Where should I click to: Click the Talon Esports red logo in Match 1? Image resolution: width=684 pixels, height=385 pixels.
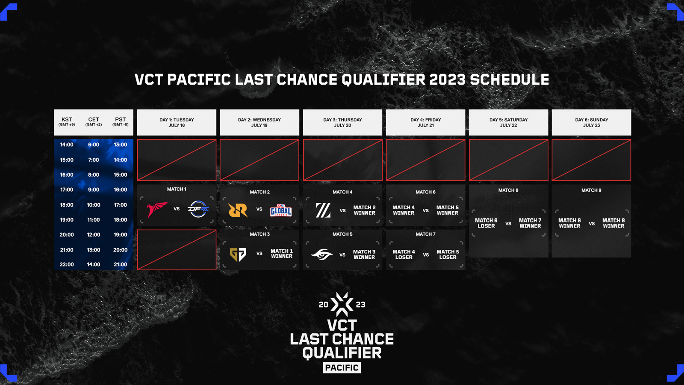click(x=156, y=209)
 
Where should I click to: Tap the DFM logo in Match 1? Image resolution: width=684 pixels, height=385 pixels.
click(x=198, y=209)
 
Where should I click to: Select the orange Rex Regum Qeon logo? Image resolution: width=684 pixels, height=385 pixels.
click(x=238, y=210)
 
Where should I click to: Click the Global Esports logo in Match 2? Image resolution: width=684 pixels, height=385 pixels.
click(x=281, y=210)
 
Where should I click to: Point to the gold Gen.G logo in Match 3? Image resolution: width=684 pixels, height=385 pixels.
click(x=238, y=255)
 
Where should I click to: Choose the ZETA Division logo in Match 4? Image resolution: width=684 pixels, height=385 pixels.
click(x=323, y=210)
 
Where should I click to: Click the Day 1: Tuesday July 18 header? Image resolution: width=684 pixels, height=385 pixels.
click(x=177, y=122)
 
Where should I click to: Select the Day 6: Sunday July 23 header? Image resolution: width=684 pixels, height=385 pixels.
click(x=591, y=122)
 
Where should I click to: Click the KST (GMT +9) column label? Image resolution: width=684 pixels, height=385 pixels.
click(x=67, y=121)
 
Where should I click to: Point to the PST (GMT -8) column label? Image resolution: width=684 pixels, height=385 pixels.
click(x=120, y=121)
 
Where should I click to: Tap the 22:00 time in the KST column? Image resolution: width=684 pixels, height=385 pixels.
click(x=67, y=264)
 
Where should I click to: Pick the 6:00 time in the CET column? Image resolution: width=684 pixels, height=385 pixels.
click(x=94, y=145)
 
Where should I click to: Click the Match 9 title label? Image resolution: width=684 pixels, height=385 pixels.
click(x=591, y=190)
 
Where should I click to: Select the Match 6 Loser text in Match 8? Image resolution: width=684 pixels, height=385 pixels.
click(x=486, y=223)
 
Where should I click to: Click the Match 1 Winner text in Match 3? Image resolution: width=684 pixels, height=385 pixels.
click(x=281, y=254)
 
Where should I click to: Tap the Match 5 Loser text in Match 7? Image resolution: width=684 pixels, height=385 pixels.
click(x=448, y=255)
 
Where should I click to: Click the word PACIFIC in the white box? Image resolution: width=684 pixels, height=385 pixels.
click(x=342, y=368)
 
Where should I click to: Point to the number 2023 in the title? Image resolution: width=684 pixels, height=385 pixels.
click(x=447, y=80)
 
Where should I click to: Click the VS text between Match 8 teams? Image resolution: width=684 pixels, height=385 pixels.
click(x=508, y=224)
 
